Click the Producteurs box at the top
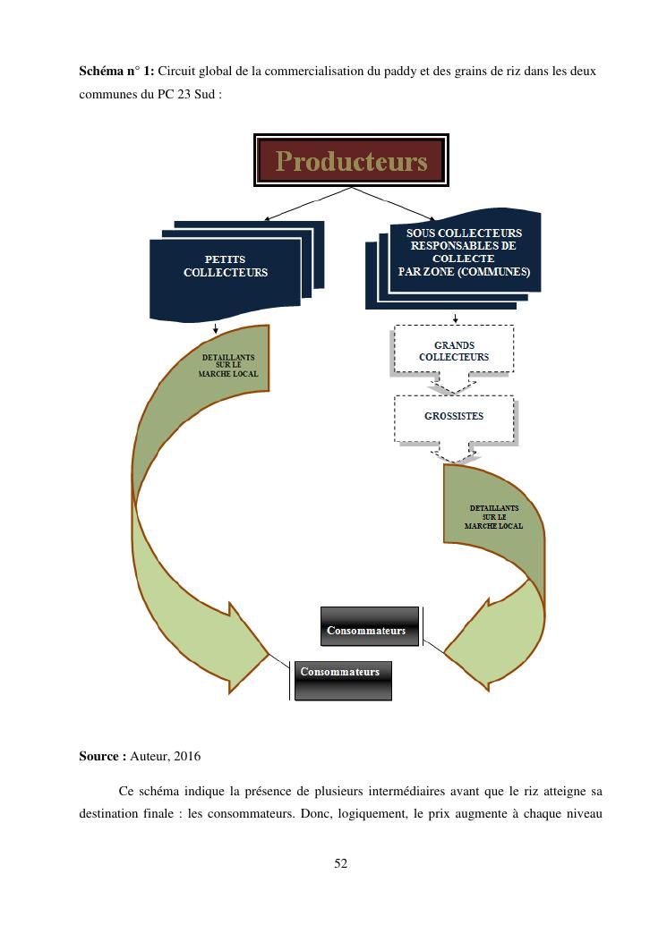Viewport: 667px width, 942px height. (351, 161)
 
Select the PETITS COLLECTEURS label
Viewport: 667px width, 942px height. (226, 267)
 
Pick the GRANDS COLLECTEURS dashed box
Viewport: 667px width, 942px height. (454, 351)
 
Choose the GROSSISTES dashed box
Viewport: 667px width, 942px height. (454, 417)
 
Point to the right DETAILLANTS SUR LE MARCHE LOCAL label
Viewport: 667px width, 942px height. (493, 517)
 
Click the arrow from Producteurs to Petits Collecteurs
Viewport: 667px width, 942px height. (304, 205)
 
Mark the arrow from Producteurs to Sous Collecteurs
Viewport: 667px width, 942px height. (394, 204)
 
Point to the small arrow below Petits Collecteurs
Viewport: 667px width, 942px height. (216, 327)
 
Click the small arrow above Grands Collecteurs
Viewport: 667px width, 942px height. (457, 318)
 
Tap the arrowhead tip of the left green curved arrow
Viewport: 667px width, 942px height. (269, 655)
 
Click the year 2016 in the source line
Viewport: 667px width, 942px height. (187, 757)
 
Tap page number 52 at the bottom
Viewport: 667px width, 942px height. (340, 863)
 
